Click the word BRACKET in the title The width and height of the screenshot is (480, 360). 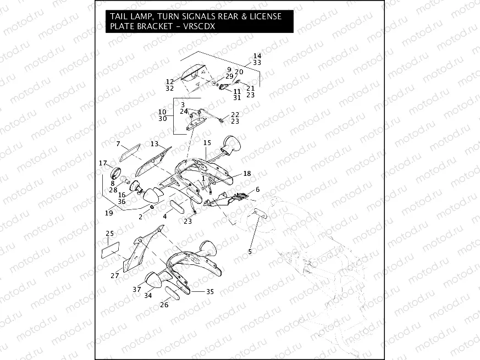click(x=152, y=26)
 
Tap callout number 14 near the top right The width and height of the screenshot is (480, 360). click(x=257, y=56)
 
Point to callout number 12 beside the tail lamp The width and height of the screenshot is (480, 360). click(x=170, y=81)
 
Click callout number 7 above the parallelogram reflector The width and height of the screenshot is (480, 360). click(x=118, y=143)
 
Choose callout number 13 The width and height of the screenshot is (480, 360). click(x=155, y=144)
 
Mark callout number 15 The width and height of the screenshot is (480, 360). click(x=207, y=143)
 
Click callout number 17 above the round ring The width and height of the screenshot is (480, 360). click(x=103, y=163)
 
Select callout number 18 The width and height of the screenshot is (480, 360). click(x=247, y=173)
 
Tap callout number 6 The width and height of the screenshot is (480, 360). click(x=257, y=190)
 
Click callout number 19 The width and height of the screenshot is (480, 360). click(x=109, y=213)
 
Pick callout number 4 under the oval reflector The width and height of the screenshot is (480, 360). click(x=164, y=217)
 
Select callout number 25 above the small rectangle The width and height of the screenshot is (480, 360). click(x=109, y=234)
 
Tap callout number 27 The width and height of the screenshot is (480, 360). click(x=114, y=276)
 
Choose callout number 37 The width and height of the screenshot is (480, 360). click(x=136, y=289)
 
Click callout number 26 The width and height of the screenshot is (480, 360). click(x=164, y=305)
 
